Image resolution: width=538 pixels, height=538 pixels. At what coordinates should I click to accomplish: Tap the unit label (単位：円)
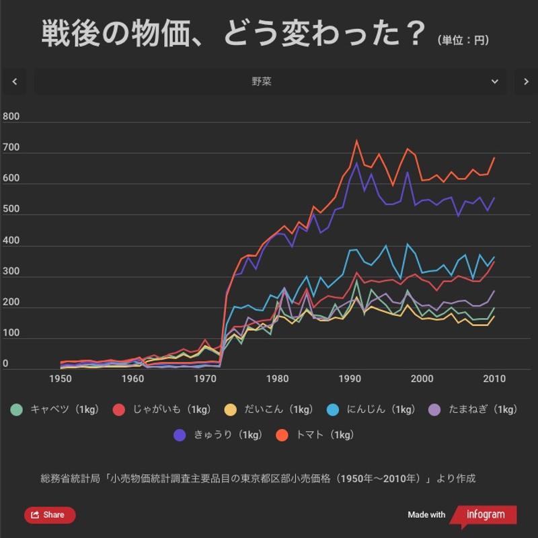click(463, 40)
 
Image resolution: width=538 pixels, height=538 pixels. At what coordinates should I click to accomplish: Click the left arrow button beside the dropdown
click(14, 82)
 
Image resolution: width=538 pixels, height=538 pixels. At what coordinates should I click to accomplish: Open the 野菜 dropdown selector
click(269, 82)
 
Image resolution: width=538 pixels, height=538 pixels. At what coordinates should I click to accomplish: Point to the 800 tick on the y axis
click(11, 116)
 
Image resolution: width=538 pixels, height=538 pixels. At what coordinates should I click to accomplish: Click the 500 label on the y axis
click(11, 209)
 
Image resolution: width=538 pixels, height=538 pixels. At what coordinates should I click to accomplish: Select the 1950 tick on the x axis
click(61, 379)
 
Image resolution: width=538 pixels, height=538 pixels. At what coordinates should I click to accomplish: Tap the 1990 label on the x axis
click(350, 379)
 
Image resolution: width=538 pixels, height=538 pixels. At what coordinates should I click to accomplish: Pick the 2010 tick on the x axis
click(495, 379)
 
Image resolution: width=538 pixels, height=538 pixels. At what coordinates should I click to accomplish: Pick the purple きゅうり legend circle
click(180, 435)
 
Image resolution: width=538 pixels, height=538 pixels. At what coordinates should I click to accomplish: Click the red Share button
click(50, 515)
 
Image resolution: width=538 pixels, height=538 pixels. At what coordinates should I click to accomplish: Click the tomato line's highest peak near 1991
click(356, 141)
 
